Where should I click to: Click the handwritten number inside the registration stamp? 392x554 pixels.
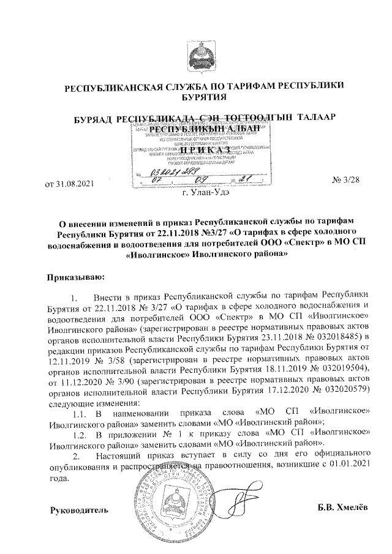click(x=171, y=174)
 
